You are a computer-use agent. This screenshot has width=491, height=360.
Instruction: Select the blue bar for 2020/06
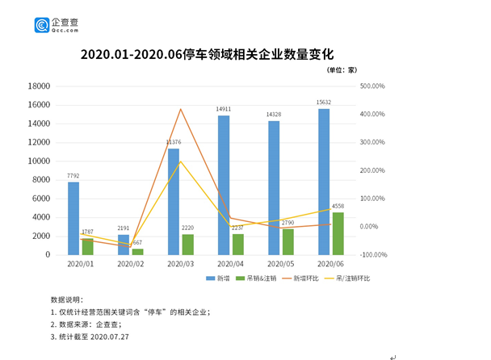(x=324, y=182)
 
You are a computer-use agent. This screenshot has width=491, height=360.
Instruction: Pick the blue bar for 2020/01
(x=73, y=218)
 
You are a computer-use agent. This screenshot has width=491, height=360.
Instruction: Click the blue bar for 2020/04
(x=224, y=185)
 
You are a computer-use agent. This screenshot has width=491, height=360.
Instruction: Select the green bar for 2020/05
(x=287, y=241)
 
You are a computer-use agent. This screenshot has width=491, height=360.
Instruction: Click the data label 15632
(x=323, y=102)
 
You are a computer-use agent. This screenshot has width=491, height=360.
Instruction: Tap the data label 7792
(x=73, y=175)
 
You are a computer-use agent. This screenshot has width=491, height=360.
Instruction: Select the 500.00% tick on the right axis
(x=372, y=86)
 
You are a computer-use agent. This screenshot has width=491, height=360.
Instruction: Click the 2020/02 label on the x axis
(x=131, y=265)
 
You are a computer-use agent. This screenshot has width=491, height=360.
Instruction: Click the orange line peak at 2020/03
(x=181, y=109)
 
